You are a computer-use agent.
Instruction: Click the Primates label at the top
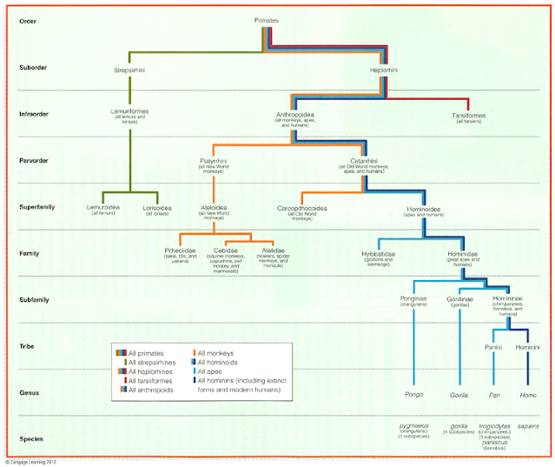point(268,19)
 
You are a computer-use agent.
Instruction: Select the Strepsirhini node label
point(130,70)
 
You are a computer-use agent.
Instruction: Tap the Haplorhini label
point(383,70)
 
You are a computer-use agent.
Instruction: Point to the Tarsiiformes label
point(468,115)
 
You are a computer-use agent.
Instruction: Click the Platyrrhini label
point(216,160)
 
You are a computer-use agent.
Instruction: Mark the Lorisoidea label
point(155,209)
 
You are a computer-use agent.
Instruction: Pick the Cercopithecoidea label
point(301,209)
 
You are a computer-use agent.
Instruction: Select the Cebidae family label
point(226,250)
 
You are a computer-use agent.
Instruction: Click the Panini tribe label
point(494,347)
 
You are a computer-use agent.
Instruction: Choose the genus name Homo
point(528,395)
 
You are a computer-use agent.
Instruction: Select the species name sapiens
point(528,427)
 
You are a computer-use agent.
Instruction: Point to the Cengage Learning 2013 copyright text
point(32,462)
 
